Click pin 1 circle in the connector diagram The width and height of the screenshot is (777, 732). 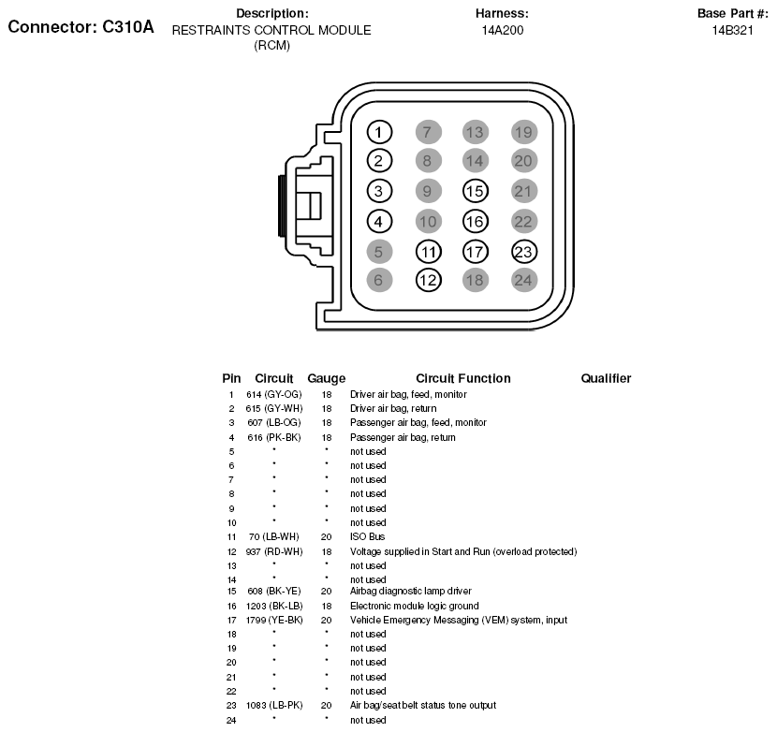(x=378, y=132)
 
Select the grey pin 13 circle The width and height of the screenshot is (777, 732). (x=475, y=132)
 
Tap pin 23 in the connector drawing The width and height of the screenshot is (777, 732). (x=524, y=251)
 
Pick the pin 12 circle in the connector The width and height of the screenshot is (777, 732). (x=428, y=279)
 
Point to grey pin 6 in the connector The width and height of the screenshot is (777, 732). (x=378, y=279)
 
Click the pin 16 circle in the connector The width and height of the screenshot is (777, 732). (x=475, y=222)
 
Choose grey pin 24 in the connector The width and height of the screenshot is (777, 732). (x=524, y=279)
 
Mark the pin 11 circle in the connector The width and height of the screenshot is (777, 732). (x=428, y=251)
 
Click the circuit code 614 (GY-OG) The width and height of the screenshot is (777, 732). (x=274, y=395)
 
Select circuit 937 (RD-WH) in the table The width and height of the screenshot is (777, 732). (x=274, y=551)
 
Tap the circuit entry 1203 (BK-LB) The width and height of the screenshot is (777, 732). (x=274, y=606)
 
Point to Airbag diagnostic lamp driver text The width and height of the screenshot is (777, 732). (x=410, y=592)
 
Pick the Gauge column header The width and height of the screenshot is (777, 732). (x=327, y=378)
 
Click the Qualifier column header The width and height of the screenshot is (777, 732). (x=606, y=378)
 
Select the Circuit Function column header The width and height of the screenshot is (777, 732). (x=462, y=378)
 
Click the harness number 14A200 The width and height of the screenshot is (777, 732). (x=502, y=30)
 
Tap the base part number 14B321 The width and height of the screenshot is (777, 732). (x=733, y=30)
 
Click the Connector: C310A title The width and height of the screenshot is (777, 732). (x=81, y=26)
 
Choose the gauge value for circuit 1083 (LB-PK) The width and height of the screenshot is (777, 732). (x=327, y=705)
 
